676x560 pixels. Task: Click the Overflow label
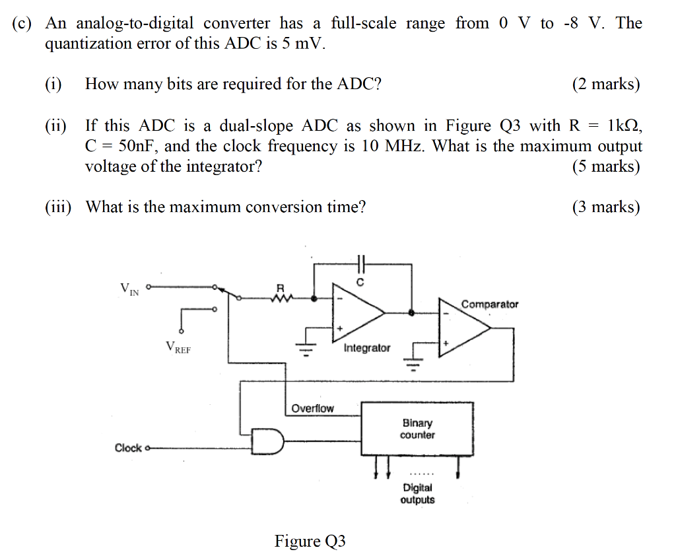313,408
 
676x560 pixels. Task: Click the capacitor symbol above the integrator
360,262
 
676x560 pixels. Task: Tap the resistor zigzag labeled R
281,298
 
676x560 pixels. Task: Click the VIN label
129,289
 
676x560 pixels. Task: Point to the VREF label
178,347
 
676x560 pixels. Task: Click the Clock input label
128,448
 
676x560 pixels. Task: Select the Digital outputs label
417,493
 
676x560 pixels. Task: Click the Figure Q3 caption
310,542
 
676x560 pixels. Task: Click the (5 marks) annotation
606,166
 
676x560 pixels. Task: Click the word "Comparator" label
490,304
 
